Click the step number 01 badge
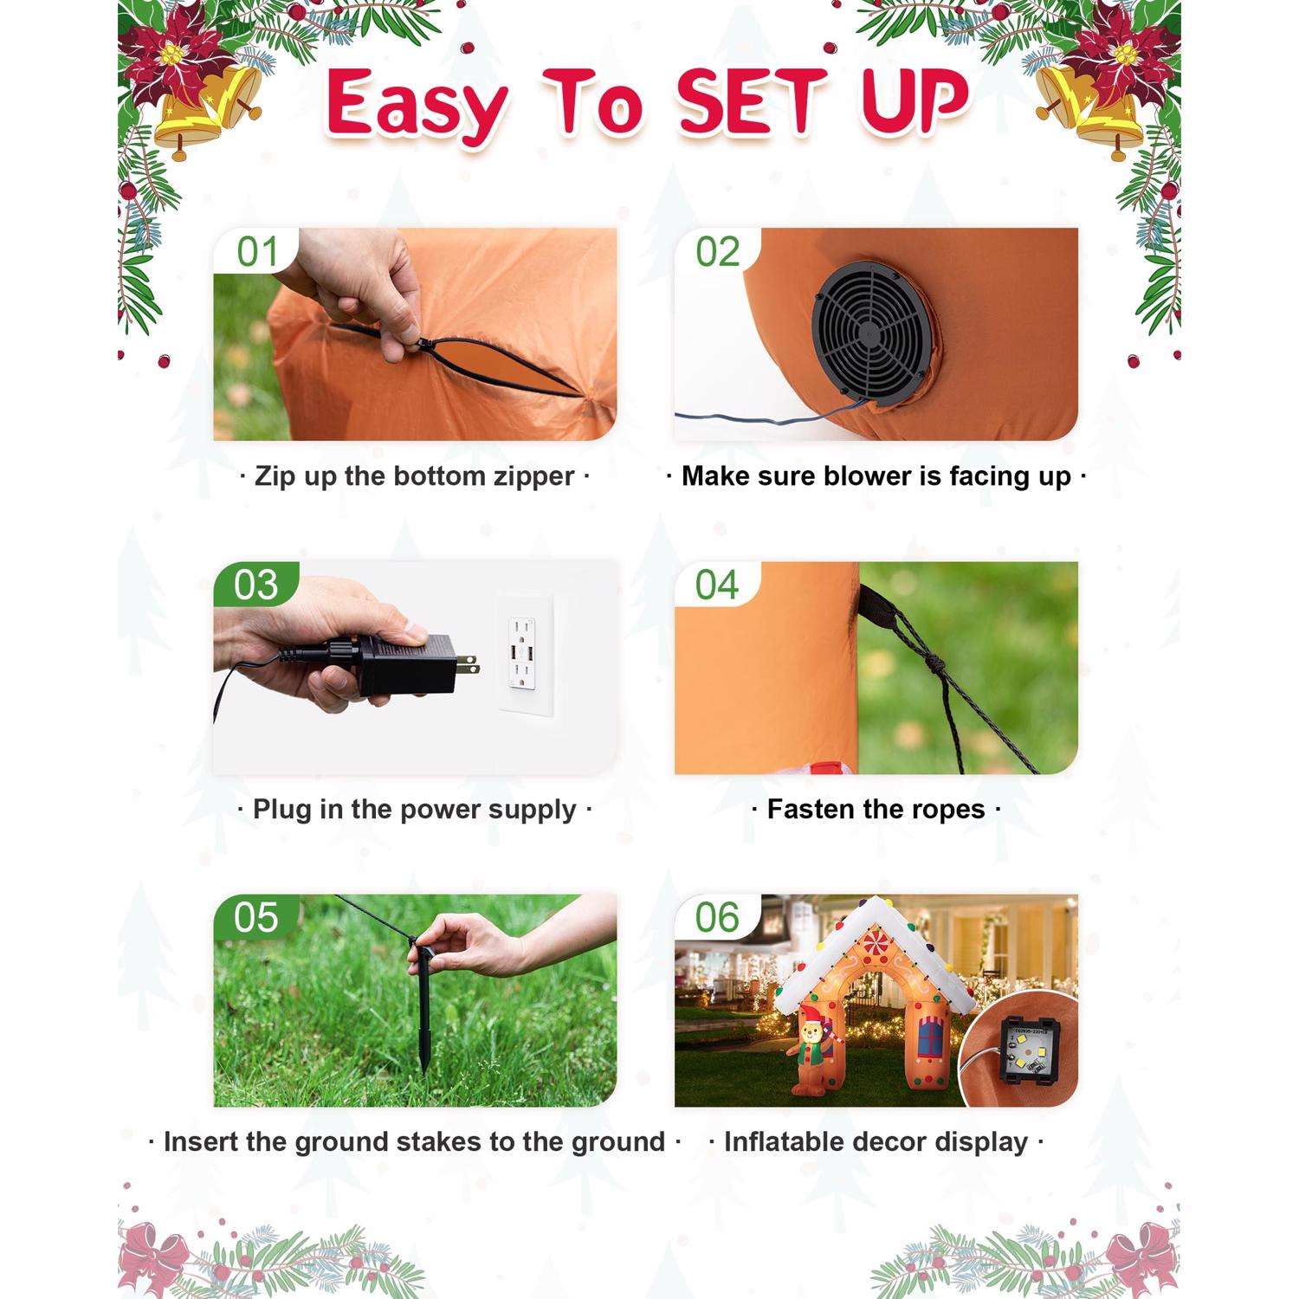click(x=256, y=252)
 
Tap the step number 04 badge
click(x=717, y=585)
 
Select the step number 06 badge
click(x=717, y=918)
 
